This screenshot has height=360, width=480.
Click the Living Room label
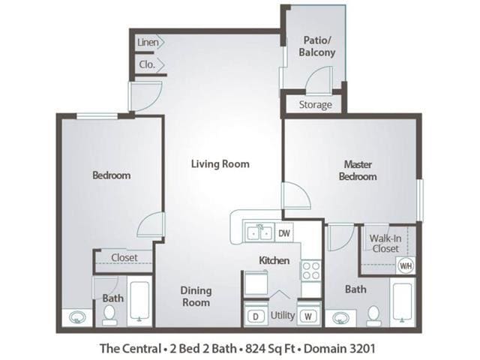pyautogui.click(x=219, y=163)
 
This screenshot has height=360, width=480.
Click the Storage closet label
pyautogui.click(x=315, y=105)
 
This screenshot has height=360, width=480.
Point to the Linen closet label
pyautogui.click(x=147, y=43)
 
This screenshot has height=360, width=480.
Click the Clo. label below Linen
pyautogui.click(x=146, y=64)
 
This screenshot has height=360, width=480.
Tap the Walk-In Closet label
pyautogui.click(x=384, y=244)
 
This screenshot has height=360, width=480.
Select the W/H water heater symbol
pyautogui.click(x=405, y=265)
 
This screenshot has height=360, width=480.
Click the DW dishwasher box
pyautogui.click(x=284, y=233)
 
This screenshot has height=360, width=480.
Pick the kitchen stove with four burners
pyautogui.click(x=310, y=271)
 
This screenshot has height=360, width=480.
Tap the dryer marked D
pyautogui.click(x=255, y=316)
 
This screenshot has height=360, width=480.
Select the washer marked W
pyautogui.click(x=308, y=316)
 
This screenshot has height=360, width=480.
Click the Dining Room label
pyautogui.click(x=196, y=296)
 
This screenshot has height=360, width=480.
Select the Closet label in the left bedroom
pyautogui.click(x=124, y=257)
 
